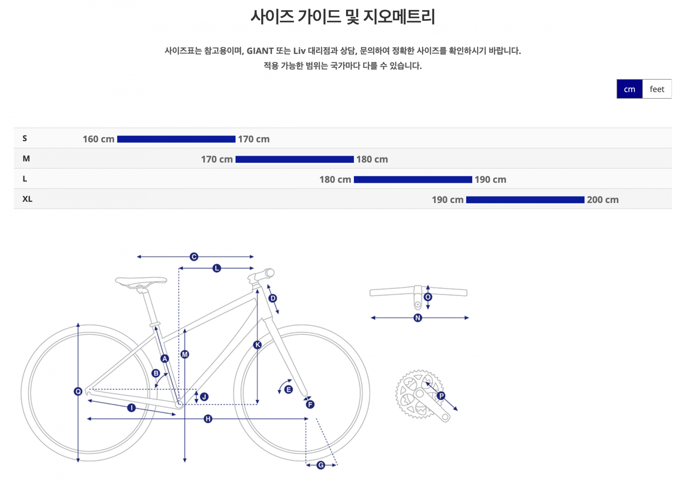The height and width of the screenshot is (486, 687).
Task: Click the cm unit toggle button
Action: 629,89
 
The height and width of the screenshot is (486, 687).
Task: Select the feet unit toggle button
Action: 657,89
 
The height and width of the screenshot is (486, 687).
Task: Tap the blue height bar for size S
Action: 176,139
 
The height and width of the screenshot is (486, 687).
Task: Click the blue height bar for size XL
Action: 525,200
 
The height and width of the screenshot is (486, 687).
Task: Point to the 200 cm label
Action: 603,200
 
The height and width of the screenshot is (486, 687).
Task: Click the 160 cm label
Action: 98,139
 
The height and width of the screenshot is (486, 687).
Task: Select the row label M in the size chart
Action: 26,159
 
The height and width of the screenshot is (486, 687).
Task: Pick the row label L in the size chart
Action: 25,179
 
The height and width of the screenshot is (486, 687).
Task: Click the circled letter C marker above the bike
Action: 194,257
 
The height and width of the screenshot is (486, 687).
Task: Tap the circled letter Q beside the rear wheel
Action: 78,391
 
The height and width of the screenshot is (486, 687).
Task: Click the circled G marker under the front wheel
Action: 321,465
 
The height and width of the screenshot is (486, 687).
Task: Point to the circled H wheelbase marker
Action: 208,419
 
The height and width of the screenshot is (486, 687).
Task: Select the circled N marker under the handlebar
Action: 418,318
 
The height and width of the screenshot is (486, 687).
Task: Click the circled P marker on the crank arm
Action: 441,395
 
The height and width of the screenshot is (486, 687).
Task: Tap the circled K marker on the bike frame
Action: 257,345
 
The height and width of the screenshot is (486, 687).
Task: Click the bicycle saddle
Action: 141,281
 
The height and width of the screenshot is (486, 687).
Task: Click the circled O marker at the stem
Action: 428,297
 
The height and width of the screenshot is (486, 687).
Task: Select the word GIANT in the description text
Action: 260,51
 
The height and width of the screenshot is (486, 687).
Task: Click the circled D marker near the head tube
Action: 273,298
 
